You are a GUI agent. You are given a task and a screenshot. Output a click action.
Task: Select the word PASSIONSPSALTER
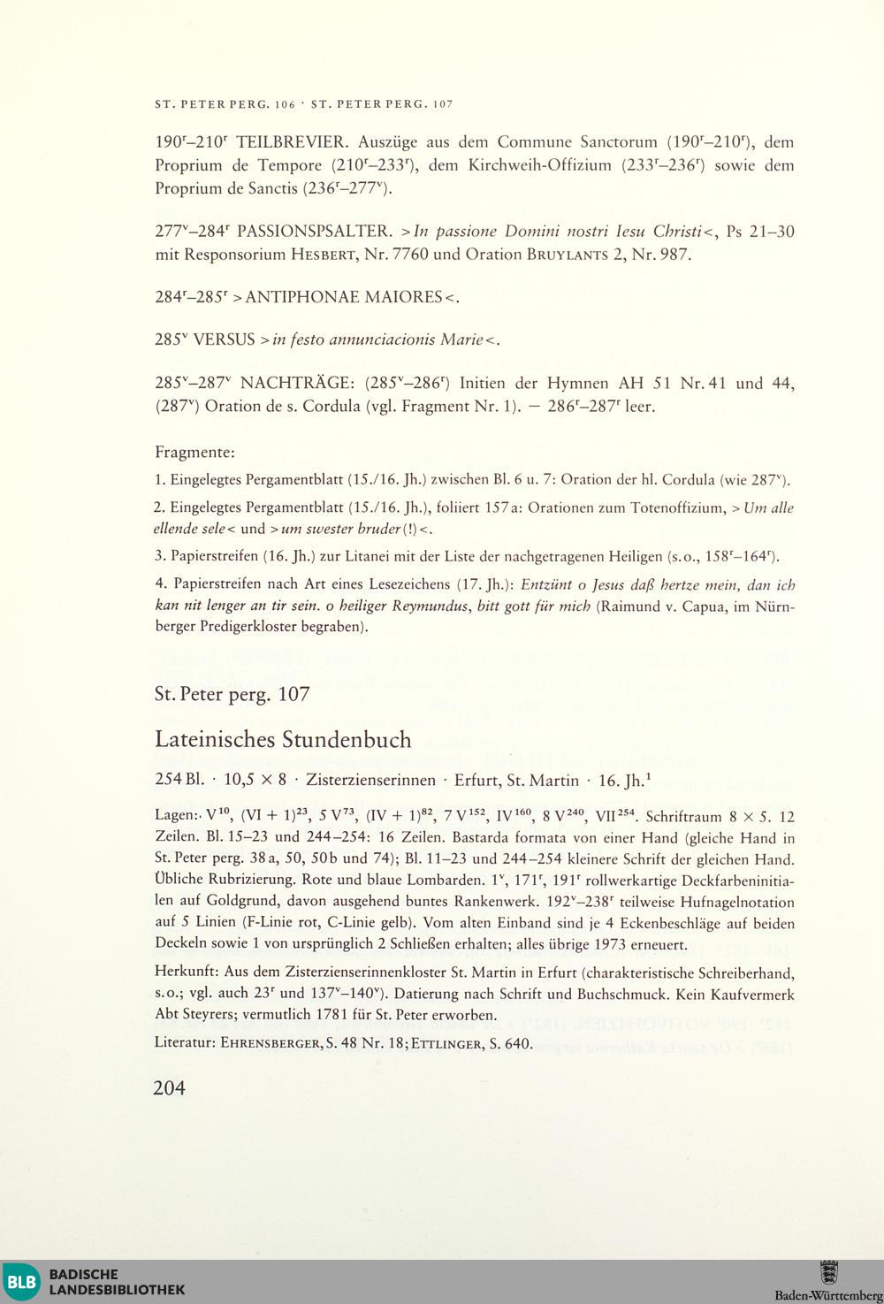pyautogui.click(x=315, y=233)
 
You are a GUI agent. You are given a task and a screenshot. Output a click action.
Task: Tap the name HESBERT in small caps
pyautogui.click(x=330, y=255)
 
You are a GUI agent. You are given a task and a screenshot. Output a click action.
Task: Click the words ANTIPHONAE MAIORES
pyautogui.click(x=344, y=297)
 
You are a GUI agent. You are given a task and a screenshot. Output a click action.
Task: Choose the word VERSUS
pyautogui.click(x=224, y=339)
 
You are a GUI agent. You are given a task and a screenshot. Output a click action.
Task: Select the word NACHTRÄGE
pyautogui.click(x=296, y=384)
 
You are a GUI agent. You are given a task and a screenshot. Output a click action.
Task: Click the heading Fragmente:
pyautogui.click(x=195, y=453)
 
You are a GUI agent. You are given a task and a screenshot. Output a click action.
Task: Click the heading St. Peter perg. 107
pyautogui.click(x=232, y=695)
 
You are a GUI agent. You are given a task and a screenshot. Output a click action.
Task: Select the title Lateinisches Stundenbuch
pyautogui.click(x=283, y=739)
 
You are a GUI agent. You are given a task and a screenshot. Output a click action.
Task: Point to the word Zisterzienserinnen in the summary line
pyautogui.click(x=370, y=781)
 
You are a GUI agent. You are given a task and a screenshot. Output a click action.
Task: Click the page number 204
pyautogui.click(x=170, y=1088)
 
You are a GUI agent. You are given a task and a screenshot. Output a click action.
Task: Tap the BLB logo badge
pyautogui.click(x=22, y=1282)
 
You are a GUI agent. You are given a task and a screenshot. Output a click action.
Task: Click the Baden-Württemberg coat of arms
pyautogui.click(x=829, y=1273)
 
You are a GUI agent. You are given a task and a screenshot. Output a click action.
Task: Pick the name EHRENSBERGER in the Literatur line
pyautogui.click(x=271, y=1044)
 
